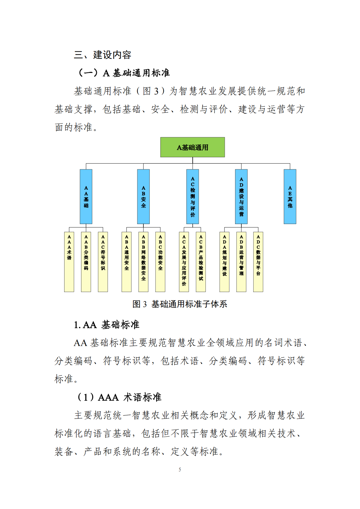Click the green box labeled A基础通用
click(x=192, y=147)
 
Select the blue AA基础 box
click(x=86, y=197)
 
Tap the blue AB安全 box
click(x=143, y=197)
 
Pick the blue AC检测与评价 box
click(x=192, y=197)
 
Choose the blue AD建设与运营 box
click(x=241, y=197)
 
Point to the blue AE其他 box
click(x=290, y=197)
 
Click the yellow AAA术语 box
click(x=69, y=262)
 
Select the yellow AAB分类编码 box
click(x=86, y=262)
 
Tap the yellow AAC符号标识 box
click(x=103, y=262)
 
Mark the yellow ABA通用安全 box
click(x=126, y=262)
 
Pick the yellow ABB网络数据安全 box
click(x=143, y=262)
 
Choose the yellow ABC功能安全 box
click(x=160, y=262)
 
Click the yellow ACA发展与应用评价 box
click(x=184, y=262)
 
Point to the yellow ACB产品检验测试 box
click(x=201, y=262)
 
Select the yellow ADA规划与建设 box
click(x=224, y=262)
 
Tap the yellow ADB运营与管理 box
click(x=241, y=262)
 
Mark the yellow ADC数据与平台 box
click(x=258, y=262)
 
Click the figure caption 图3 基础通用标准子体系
click(x=180, y=304)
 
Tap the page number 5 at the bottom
click(x=180, y=469)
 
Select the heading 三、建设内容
click(x=103, y=55)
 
